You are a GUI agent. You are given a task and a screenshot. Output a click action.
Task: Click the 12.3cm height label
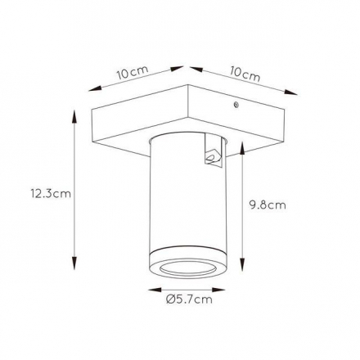click(x=51, y=194)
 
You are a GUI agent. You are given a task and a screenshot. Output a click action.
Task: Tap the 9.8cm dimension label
click(x=268, y=205)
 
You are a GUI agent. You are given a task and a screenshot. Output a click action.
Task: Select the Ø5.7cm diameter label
click(x=189, y=299)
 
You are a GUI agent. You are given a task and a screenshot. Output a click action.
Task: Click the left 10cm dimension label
click(x=133, y=72)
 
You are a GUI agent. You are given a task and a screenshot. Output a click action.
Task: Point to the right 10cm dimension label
click(x=245, y=74)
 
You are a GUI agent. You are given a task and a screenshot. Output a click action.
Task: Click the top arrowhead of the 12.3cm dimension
click(x=74, y=115)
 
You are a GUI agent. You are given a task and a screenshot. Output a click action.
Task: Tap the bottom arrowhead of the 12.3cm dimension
click(x=74, y=263)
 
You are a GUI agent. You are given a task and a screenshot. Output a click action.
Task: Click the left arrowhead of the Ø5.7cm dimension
click(x=154, y=290)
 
